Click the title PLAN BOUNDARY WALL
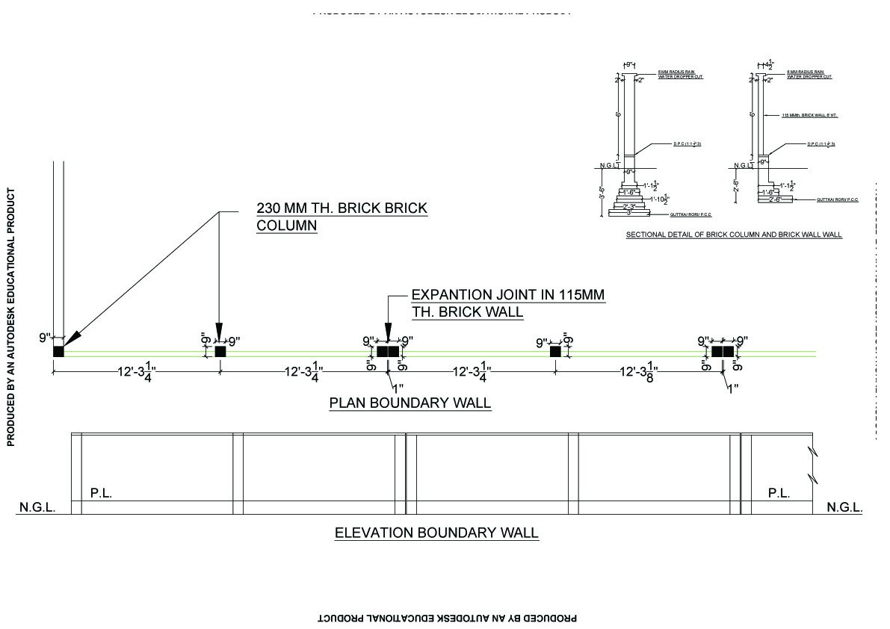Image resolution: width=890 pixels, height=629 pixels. [x=410, y=403]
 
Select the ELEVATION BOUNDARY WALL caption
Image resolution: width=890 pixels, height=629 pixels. [x=436, y=533]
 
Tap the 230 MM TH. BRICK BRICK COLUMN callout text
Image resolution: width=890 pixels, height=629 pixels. [x=342, y=216]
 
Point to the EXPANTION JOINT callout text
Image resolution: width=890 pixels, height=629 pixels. [x=507, y=303]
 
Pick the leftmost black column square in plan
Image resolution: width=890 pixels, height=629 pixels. [x=58, y=351]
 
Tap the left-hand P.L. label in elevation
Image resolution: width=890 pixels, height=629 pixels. [x=101, y=493]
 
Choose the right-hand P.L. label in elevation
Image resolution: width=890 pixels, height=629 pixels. [x=779, y=493]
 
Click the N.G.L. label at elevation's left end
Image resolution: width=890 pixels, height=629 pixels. [x=37, y=508]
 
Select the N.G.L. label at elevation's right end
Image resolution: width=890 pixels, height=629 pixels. [x=844, y=508]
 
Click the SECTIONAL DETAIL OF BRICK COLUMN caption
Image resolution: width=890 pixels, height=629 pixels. [x=733, y=235]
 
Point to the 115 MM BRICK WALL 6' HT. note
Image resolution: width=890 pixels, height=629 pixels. [x=806, y=116]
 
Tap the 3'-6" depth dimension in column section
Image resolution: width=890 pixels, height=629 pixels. [x=602, y=193]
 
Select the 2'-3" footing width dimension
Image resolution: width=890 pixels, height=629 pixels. [x=629, y=206]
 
